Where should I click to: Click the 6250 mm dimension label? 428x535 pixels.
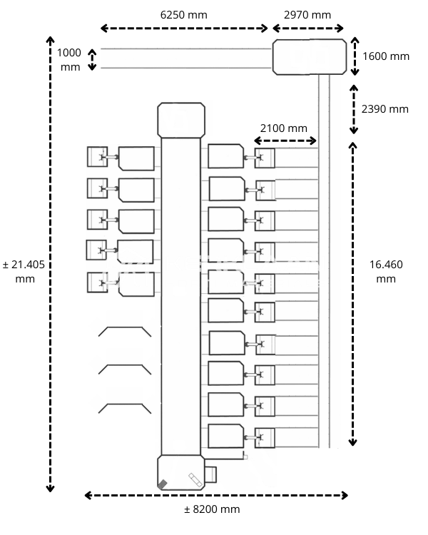[184, 14]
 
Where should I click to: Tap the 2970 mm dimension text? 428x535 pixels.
[307, 14]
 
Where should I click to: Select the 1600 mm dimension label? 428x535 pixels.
[386, 56]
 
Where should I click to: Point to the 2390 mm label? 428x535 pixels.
[385, 109]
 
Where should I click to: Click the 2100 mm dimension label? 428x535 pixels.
[283, 128]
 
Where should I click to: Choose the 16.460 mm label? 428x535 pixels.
[386, 271]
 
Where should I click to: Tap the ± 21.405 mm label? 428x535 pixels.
[24, 271]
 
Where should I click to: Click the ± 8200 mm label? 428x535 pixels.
[212, 509]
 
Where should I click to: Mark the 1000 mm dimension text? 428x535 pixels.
[70, 60]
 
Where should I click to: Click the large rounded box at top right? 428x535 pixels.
[309, 57]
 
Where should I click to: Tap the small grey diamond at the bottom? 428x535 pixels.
[163, 484]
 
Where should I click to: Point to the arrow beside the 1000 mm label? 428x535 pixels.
[91, 59]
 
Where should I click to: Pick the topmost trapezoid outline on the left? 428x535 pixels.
[124, 332]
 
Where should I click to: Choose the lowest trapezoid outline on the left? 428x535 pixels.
[124, 409]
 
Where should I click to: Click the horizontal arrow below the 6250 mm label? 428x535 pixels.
[184, 29]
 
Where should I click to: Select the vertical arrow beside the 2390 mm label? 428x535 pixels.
[354, 109]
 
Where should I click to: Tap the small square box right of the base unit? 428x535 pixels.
[210, 474]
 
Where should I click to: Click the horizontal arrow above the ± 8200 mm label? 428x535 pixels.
[216, 495]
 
